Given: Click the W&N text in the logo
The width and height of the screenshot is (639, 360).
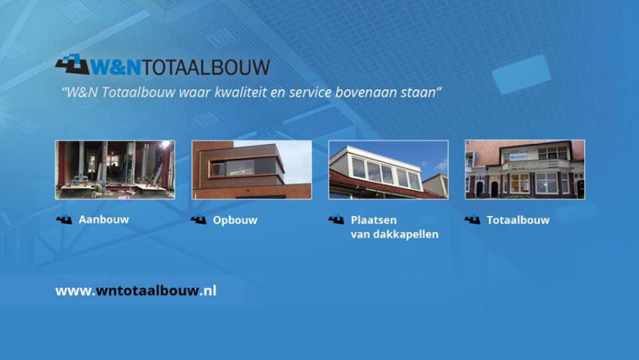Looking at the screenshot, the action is [x=115, y=67].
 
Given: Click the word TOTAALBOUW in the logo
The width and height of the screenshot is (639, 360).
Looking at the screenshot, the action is [x=205, y=67].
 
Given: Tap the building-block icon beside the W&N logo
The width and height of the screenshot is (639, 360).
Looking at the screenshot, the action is [x=72, y=64].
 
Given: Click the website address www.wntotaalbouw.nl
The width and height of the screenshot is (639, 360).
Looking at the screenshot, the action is [x=136, y=291].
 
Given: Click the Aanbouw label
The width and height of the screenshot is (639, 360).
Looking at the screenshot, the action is [x=104, y=220].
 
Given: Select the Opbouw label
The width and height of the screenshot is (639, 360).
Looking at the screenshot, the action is [x=235, y=220].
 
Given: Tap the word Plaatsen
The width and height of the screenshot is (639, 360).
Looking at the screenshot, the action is [x=373, y=220].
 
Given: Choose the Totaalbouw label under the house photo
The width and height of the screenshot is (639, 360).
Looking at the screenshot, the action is [x=518, y=220].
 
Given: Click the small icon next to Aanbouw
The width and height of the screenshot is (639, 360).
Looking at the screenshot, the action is [x=64, y=220].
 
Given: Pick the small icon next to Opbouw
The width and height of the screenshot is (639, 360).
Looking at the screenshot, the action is [x=199, y=220].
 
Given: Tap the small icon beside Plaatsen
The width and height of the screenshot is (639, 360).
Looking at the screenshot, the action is [x=336, y=220].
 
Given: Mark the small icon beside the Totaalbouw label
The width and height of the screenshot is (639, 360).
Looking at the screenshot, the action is [x=472, y=220].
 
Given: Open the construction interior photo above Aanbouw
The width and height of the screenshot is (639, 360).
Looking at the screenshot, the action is [x=115, y=170].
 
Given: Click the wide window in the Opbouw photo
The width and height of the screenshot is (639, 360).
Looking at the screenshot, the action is [x=243, y=167].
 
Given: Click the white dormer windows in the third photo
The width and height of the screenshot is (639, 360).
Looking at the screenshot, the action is [x=386, y=173].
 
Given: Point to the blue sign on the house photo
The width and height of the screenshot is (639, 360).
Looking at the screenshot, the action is [x=517, y=156].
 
